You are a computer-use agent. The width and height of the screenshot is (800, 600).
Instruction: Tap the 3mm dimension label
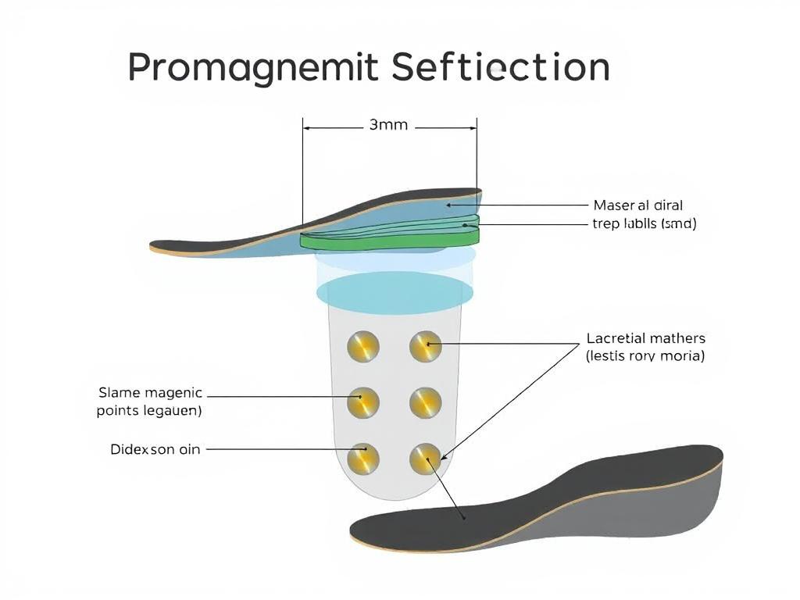pyautogui.click(x=388, y=125)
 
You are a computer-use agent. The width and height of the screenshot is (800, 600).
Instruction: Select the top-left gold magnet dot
pyautogui.click(x=363, y=346)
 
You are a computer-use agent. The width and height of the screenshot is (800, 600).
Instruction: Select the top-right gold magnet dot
pyautogui.click(x=426, y=346)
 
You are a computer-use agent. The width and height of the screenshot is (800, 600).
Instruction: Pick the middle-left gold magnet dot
pyautogui.click(x=363, y=402)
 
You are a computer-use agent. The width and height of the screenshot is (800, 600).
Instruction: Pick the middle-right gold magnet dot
pyautogui.click(x=426, y=402)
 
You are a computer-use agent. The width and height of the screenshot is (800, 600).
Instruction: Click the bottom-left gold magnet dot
pyautogui.click(x=363, y=459)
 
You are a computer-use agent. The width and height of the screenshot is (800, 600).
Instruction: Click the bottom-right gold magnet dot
pyautogui.click(x=426, y=459)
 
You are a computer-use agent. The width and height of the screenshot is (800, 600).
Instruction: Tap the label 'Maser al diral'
pyautogui.click(x=638, y=205)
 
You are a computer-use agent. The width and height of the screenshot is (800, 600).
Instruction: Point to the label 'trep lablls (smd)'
pyautogui.click(x=645, y=224)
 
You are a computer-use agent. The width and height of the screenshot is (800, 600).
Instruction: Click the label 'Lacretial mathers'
pyautogui.click(x=645, y=338)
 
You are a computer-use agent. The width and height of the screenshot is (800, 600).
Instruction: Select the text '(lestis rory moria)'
pyautogui.click(x=645, y=356)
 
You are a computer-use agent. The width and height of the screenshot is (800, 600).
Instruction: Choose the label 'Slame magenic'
pyautogui.click(x=150, y=392)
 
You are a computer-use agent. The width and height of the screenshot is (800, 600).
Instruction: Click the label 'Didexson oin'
pyautogui.click(x=155, y=450)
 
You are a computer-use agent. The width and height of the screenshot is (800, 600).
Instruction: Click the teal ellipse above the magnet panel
pyautogui.click(x=396, y=291)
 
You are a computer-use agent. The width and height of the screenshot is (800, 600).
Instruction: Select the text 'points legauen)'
pyautogui.click(x=149, y=411)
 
